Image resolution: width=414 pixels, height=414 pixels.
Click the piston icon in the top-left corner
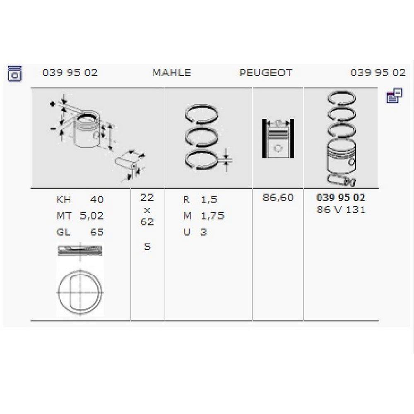15,73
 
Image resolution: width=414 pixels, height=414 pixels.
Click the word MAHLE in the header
172,73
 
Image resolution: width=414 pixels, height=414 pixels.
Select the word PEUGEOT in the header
266,73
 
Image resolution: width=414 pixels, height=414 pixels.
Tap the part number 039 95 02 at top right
378,72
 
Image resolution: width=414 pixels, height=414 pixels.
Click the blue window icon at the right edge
395,95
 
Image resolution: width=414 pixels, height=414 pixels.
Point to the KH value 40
97,200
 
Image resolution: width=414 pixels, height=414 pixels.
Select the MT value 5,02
91,216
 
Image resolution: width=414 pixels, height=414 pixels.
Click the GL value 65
97,232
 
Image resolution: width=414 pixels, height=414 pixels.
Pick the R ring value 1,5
209,200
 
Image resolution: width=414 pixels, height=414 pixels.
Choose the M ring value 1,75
212,216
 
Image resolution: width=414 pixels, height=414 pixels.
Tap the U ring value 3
204,232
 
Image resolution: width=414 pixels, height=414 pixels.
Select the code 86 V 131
341,209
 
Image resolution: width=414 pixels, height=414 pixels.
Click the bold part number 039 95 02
341,197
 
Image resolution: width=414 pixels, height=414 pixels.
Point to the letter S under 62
147,247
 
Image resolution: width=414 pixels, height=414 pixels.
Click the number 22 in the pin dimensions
147,197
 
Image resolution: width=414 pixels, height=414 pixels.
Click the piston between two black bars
278,139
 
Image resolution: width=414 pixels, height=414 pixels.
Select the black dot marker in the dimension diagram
52,104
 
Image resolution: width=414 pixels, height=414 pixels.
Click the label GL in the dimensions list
64,232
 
